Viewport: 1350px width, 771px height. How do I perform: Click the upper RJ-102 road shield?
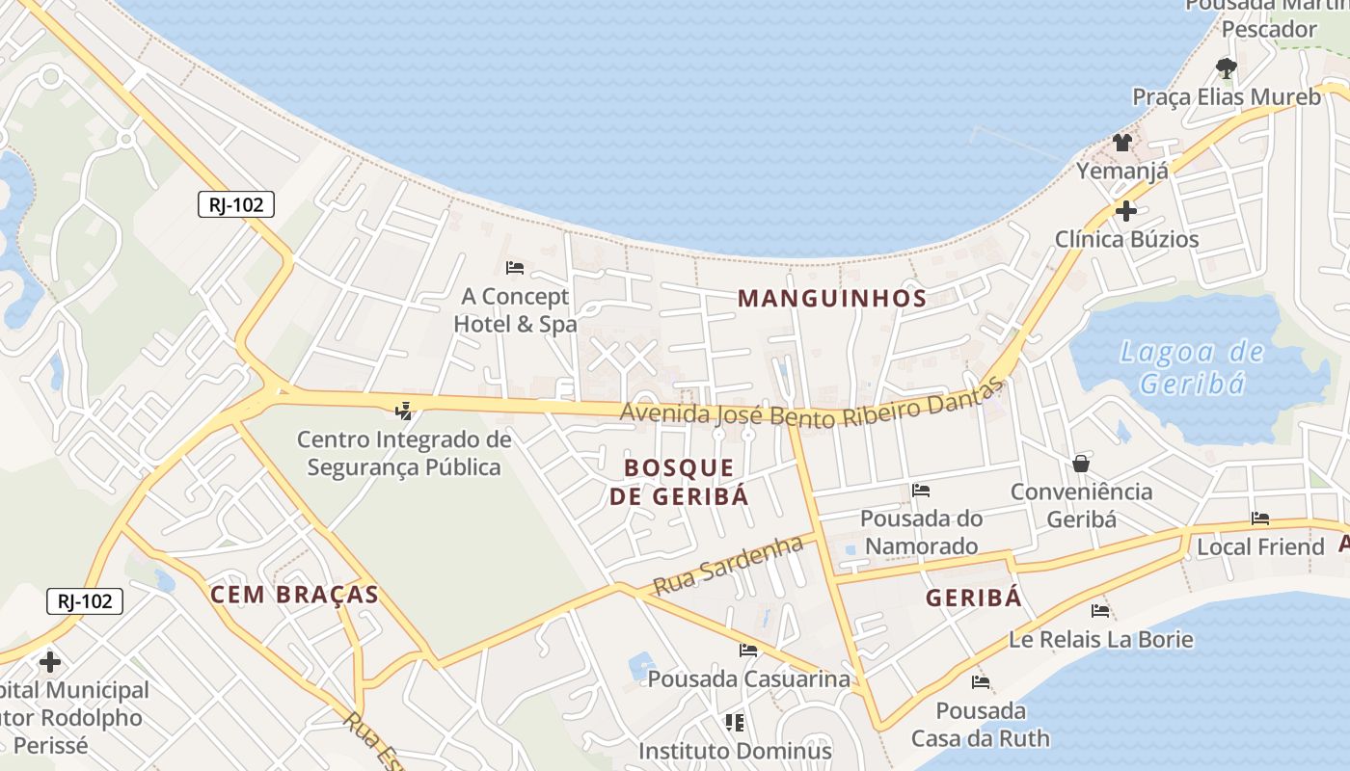[x=236, y=204]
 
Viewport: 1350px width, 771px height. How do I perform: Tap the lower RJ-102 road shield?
[x=85, y=601]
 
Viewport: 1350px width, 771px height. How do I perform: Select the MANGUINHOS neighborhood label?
[x=832, y=298]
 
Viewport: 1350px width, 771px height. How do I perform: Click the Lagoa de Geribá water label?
[x=1193, y=367]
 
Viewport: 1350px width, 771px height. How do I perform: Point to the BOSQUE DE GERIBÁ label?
[x=679, y=482]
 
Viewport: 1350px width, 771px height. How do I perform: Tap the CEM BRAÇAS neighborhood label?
[x=294, y=595]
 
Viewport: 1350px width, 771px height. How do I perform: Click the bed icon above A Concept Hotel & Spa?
[x=515, y=267]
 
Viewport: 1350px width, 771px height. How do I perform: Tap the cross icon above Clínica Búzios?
[x=1125, y=210]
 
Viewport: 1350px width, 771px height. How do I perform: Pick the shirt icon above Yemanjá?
[x=1122, y=143]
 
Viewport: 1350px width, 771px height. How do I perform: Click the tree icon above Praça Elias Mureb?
[x=1227, y=67]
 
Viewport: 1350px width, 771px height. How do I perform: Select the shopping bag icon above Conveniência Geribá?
[x=1081, y=464]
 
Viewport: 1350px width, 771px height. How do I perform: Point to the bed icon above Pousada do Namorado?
[x=921, y=491]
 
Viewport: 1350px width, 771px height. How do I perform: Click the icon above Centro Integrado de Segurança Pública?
[x=403, y=411]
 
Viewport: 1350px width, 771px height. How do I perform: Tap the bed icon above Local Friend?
[x=1260, y=518]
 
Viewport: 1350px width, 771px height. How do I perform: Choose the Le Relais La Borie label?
[x=1100, y=639]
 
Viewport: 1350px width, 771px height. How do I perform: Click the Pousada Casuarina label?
[x=748, y=678]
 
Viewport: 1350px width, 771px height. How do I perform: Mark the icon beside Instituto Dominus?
[x=735, y=722]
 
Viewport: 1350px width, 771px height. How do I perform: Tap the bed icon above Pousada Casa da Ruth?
[x=981, y=682]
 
